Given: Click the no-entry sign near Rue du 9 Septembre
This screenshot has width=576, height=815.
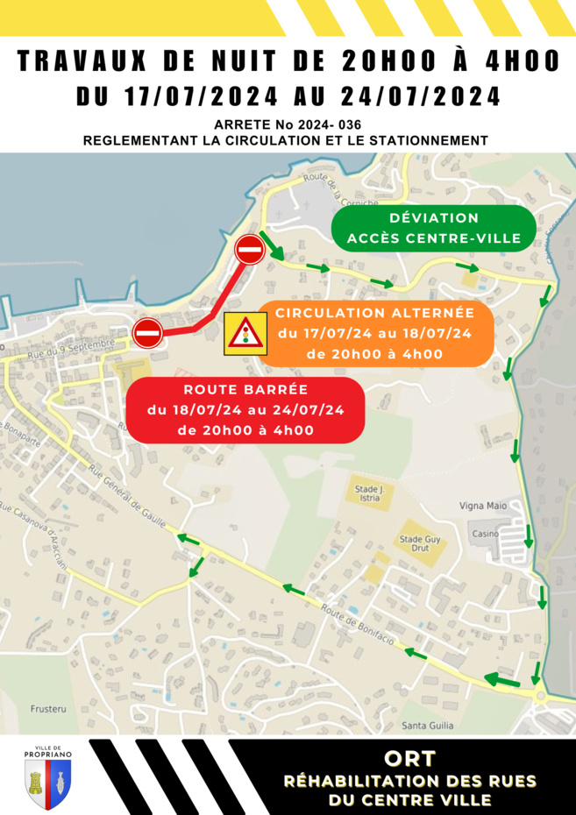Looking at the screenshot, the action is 147,332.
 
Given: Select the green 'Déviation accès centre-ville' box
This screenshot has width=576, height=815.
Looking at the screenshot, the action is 433,228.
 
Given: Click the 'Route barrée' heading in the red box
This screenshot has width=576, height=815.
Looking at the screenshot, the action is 244,390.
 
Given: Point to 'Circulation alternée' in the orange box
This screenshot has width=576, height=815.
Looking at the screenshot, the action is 374,313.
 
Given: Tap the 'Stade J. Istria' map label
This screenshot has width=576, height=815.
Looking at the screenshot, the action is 371,493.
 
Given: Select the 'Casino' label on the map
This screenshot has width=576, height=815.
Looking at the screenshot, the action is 485,534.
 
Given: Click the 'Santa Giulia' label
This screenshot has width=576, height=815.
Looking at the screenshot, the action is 425,725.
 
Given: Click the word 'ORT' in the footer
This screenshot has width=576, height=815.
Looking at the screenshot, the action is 409,758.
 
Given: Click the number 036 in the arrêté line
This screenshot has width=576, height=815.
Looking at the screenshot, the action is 348,124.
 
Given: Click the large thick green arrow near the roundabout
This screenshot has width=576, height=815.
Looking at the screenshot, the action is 501,678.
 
